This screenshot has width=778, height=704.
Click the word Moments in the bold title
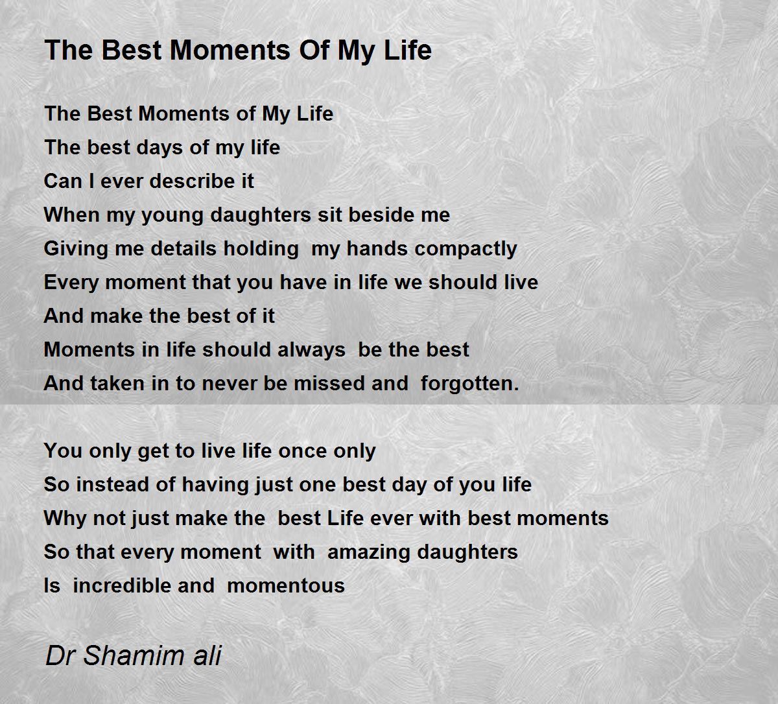(x=231, y=50)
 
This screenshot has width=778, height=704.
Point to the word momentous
(x=286, y=587)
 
